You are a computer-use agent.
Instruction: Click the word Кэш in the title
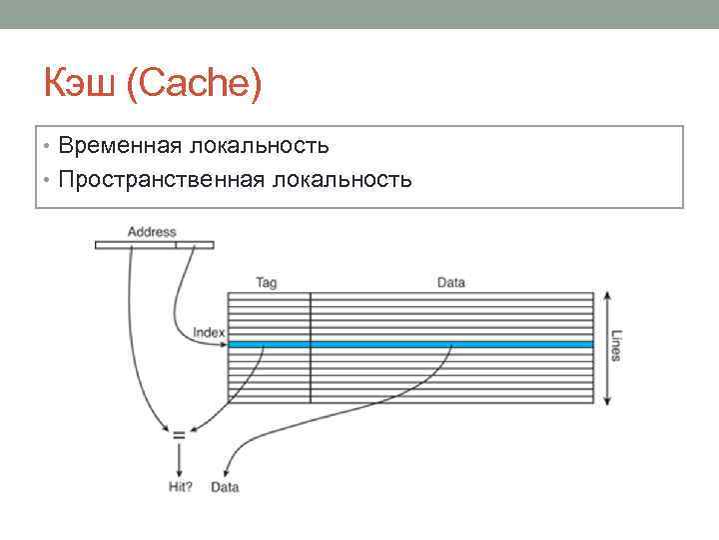[x=81, y=85]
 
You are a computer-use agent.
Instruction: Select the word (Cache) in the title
[x=194, y=85]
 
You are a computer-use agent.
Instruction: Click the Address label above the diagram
[x=152, y=232]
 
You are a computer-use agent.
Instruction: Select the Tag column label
[x=267, y=283]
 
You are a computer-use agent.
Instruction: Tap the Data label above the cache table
[x=451, y=283]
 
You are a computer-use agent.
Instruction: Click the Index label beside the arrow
[x=209, y=332]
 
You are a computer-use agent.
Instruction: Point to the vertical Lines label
[x=616, y=346]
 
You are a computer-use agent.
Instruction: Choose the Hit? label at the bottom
[x=181, y=487]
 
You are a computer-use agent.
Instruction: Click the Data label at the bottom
[x=226, y=487]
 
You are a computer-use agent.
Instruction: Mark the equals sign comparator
[x=179, y=434]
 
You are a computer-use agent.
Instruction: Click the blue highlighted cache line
[x=409, y=344]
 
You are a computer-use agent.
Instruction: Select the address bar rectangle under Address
[x=154, y=244]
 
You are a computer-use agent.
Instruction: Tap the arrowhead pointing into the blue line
[x=224, y=344]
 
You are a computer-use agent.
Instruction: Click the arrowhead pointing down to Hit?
[x=180, y=472]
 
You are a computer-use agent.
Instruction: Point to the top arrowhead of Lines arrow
[x=605, y=296]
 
